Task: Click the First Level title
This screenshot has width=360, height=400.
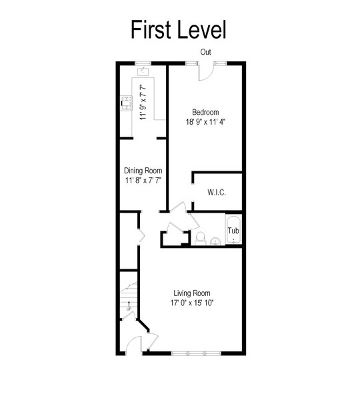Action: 179,29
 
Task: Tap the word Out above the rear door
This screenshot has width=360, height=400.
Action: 205,52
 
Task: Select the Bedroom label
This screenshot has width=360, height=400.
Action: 205,112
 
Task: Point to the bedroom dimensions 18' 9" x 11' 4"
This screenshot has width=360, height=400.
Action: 205,122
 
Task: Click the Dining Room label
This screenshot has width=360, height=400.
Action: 143,171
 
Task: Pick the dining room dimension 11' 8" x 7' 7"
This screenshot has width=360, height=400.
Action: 143,181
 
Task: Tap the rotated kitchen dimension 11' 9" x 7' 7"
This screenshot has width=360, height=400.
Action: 143,102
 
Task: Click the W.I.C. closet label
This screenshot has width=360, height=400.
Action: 217,192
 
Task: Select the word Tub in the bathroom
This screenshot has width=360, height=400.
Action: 233,231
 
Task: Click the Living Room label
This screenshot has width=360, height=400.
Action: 192,293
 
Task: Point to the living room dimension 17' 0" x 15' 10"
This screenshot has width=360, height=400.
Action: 192,303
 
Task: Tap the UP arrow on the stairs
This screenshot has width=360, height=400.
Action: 129,305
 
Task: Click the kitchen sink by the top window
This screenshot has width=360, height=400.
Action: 143,72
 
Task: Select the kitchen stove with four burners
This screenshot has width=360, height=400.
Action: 127,103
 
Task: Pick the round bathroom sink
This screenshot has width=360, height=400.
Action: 215,241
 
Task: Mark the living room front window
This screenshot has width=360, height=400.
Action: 196,353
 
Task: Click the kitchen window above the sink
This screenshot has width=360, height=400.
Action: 143,63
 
